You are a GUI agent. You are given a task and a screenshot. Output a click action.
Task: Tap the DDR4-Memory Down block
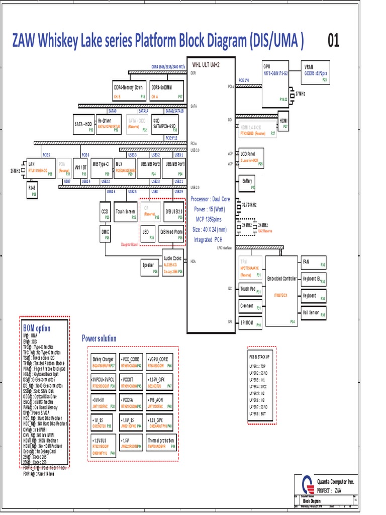pos(130,91)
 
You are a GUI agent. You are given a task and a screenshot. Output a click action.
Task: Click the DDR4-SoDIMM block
pos(167,91)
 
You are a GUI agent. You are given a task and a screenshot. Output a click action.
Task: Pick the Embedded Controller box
pos(281,291)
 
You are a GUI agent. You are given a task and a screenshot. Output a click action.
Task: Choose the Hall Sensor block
pos(313,313)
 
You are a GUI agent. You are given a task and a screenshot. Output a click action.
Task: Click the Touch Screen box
pos(126,212)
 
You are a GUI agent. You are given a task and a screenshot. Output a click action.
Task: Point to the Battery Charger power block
pos(104,362)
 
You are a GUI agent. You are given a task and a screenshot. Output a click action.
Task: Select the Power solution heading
pos(99,338)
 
